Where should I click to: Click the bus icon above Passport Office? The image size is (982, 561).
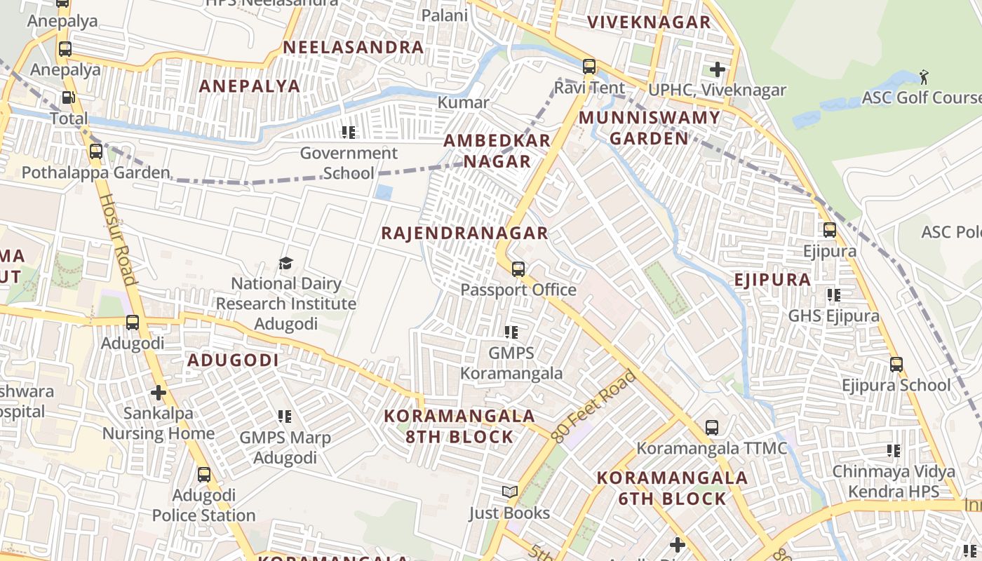[518, 269]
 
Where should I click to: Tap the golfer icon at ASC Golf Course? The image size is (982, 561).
[924, 76]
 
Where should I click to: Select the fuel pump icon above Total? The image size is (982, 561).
[68, 98]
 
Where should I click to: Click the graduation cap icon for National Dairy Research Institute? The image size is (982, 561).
[285, 264]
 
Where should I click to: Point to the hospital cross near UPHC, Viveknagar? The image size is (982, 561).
[717, 69]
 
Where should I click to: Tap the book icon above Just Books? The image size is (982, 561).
[510, 492]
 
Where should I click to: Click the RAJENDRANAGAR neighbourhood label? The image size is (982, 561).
[464, 234]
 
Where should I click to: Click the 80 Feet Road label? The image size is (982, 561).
[593, 407]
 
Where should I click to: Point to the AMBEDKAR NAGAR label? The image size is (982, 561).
[497, 151]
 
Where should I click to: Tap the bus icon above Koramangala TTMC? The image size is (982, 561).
[711, 427]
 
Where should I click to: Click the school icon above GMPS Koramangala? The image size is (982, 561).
[511, 332]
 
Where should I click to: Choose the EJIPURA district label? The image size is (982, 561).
[772, 280]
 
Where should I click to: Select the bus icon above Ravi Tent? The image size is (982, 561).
[589, 67]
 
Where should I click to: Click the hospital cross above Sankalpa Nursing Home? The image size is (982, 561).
[159, 393]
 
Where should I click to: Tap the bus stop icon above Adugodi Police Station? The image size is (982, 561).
[204, 475]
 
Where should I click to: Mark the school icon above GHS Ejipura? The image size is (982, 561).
[833, 295]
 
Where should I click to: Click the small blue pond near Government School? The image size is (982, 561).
[383, 191]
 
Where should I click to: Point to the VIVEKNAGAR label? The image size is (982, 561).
[649, 22]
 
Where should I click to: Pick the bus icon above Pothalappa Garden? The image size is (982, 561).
[96, 151]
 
